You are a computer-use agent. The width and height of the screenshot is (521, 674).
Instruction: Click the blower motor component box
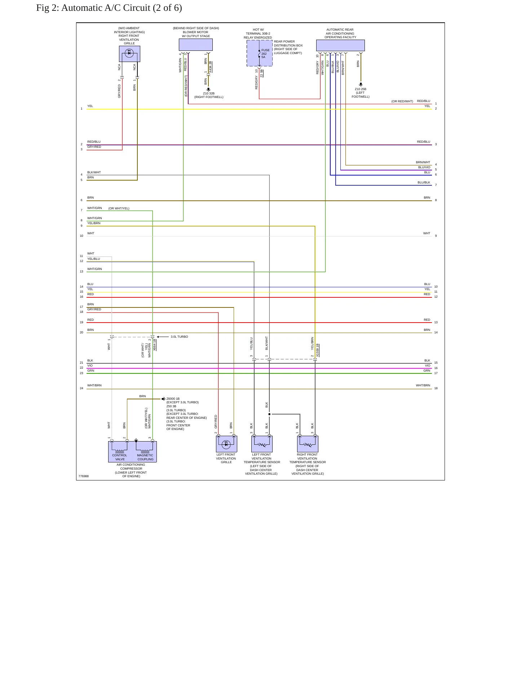pos(195,45)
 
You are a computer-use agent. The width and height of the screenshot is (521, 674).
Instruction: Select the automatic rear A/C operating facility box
pos(340,45)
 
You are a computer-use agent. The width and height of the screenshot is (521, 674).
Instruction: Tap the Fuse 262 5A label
pos(265,53)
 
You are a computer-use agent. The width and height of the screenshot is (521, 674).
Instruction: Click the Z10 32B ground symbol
pos(208,89)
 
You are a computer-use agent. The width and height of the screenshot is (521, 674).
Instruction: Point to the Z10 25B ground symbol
pos(361,84)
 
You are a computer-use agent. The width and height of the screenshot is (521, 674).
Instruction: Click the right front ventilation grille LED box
pos(129,54)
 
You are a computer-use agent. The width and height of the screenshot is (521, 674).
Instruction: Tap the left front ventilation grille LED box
pos(226,444)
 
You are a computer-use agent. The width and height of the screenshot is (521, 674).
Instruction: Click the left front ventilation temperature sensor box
pos(262,444)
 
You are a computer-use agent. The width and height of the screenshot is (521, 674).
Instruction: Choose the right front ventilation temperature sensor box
pos(308,444)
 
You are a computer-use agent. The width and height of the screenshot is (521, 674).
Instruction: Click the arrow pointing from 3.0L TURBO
pos(163,337)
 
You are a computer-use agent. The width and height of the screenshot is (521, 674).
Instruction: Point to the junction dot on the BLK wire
pos(269,414)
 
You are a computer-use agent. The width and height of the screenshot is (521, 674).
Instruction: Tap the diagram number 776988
pos(83,476)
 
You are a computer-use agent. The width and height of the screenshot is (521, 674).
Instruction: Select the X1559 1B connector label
pos(318,350)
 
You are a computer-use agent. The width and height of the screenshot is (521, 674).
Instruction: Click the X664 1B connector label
pos(155,345)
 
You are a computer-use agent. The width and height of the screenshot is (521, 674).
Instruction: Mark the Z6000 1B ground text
pos(173,399)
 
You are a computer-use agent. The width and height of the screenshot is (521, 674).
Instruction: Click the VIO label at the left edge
pos(90,365)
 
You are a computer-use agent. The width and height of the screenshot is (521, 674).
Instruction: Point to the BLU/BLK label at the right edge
pos(424,182)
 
